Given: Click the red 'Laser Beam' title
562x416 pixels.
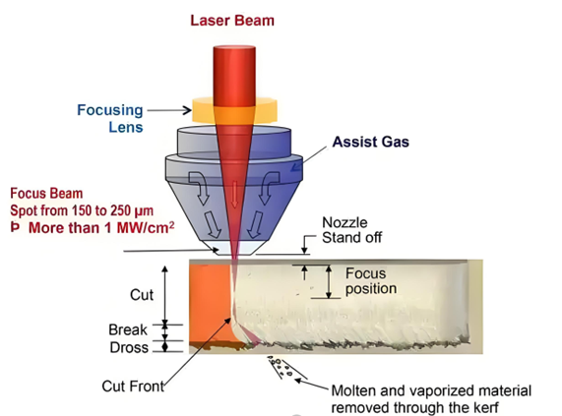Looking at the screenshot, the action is pyautogui.click(x=232, y=21).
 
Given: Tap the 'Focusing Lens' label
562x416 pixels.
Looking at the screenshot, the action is pyautogui.click(x=110, y=118).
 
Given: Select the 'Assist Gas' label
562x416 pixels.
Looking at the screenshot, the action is pyautogui.click(x=371, y=142).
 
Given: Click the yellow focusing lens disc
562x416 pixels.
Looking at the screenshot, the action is pyautogui.click(x=235, y=110).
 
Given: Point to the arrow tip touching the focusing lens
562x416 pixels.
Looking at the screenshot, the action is pyautogui.click(x=191, y=110).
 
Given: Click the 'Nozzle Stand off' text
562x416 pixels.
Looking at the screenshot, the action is pyautogui.click(x=352, y=230).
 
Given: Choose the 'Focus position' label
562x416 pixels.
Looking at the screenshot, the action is pyautogui.click(x=371, y=281).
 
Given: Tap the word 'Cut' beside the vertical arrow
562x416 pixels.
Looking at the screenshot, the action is pyautogui.click(x=142, y=295).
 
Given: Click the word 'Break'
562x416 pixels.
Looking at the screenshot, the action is pyautogui.click(x=128, y=329).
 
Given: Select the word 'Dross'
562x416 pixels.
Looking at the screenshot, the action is pyautogui.click(x=129, y=347).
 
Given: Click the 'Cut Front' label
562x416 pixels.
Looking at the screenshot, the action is pyautogui.click(x=133, y=386).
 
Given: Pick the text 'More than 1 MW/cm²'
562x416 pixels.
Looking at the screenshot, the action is pyautogui.click(x=101, y=228).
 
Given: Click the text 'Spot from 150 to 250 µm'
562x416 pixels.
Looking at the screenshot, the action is pyautogui.click(x=82, y=210).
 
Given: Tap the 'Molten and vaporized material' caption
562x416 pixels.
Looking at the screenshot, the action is pyautogui.click(x=431, y=391).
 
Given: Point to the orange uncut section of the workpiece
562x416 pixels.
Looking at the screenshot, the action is pyautogui.click(x=210, y=304).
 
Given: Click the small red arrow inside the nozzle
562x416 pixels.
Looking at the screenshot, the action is pyautogui.click(x=234, y=194).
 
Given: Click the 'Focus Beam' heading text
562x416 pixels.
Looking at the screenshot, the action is pyautogui.click(x=46, y=194).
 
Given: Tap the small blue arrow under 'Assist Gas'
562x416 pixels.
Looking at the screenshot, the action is pyautogui.click(x=295, y=167).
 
